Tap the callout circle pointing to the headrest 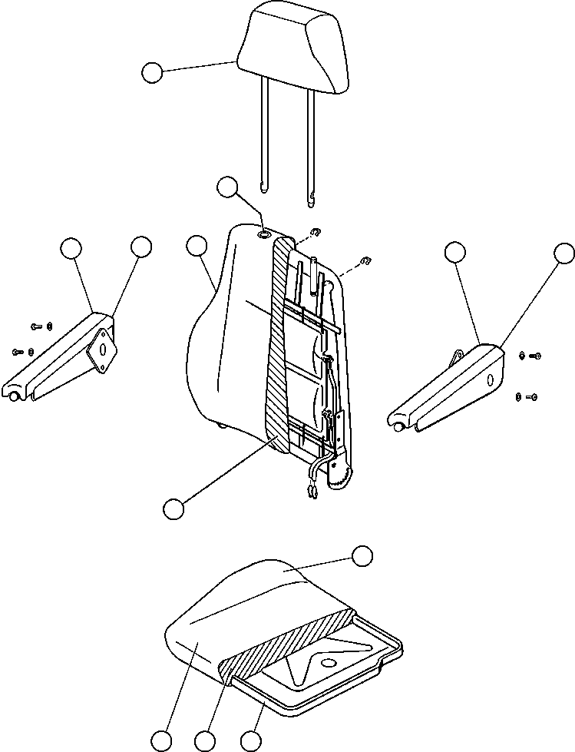pos(152,73)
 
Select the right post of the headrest pos(312,146)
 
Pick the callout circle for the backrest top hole pos(228,187)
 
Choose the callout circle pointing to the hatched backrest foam pos(173,508)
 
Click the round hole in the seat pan pos(329,664)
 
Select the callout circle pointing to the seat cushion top pos(362,555)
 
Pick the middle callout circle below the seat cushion pos(205,741)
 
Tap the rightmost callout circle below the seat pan pos(249,741)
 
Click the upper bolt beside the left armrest pos(38,326)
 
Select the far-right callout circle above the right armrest pos(564,253)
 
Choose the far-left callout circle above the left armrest pos(71,247)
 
